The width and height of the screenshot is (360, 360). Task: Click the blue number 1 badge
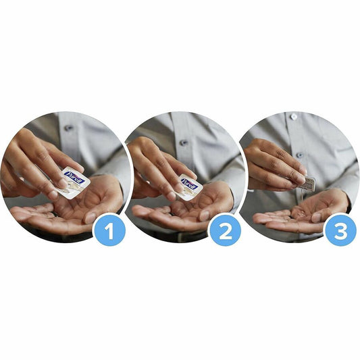click(111, 232)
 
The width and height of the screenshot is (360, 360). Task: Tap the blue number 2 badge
click(225, 232)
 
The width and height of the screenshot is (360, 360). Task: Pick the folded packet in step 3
click(307, 182)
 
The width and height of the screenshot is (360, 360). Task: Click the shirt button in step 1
click(68, 128)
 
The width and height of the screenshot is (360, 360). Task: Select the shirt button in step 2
click(183, 143)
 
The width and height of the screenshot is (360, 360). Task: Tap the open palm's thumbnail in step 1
click(90, 217)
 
